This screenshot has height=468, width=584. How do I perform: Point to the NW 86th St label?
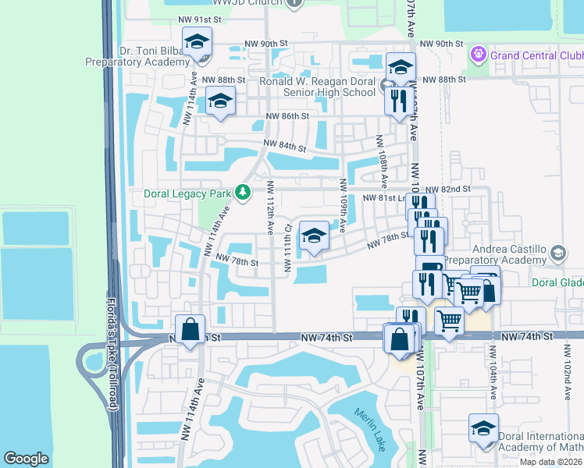point(288,116)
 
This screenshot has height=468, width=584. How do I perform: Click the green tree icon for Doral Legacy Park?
point(244,192)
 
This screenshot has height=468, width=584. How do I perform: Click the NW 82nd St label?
point(449,190)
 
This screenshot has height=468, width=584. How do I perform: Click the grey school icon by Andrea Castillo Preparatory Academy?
point(557,253)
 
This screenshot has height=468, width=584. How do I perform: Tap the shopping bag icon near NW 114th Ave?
point(191,330)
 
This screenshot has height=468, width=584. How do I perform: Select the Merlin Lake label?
point(370,424)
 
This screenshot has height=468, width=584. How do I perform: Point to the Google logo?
point(26,458)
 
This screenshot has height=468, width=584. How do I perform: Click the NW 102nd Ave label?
point(565,375)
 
